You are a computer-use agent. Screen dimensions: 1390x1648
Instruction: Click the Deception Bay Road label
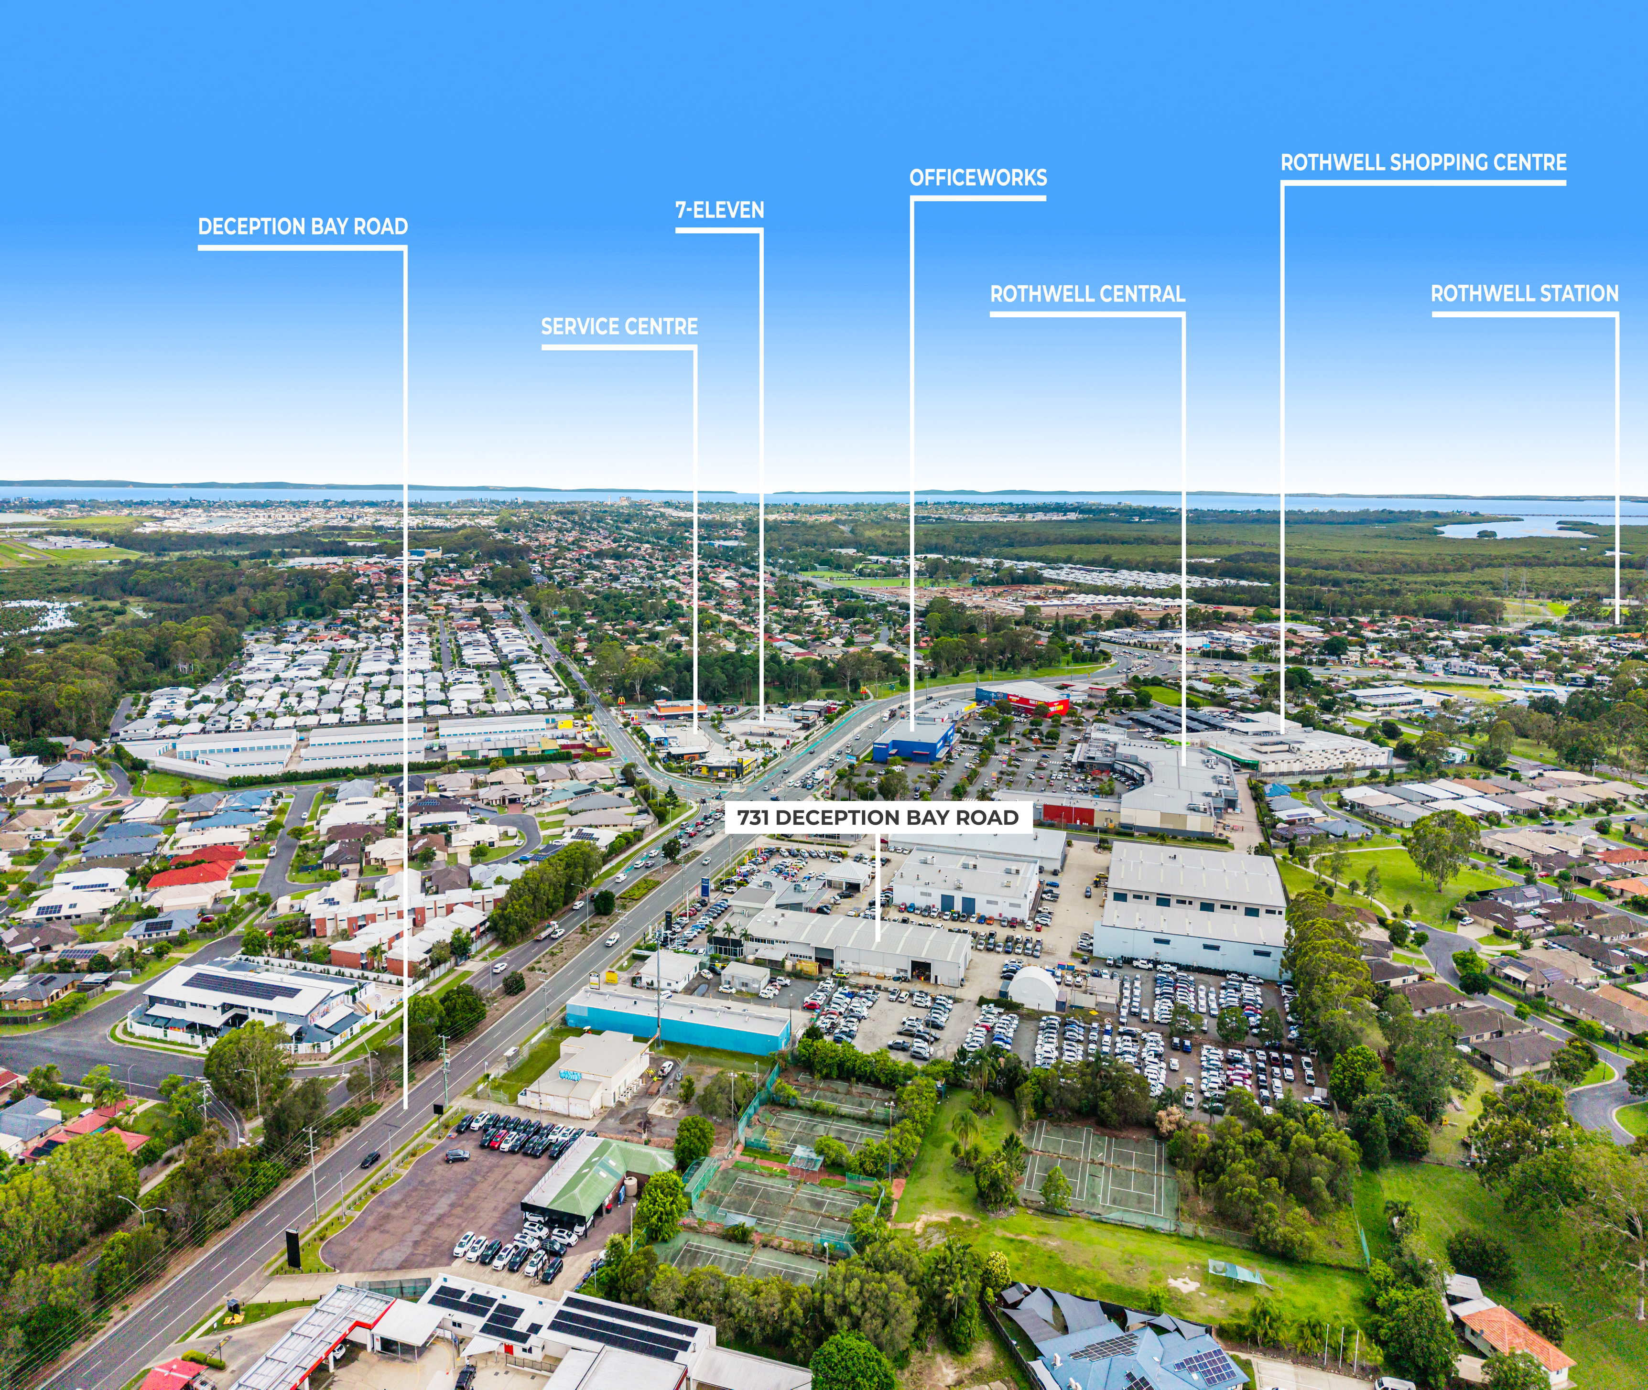(303, 227)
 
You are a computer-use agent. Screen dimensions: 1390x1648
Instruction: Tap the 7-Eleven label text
(720, 210)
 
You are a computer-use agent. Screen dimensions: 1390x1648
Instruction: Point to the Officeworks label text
(978, 178)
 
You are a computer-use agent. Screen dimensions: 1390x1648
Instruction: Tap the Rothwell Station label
(1524, 294)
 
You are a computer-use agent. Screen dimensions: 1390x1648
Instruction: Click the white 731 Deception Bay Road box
(878, 817)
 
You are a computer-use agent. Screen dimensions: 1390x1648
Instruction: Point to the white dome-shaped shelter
(1032, 988)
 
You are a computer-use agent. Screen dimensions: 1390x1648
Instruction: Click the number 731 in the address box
(753, 817)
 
